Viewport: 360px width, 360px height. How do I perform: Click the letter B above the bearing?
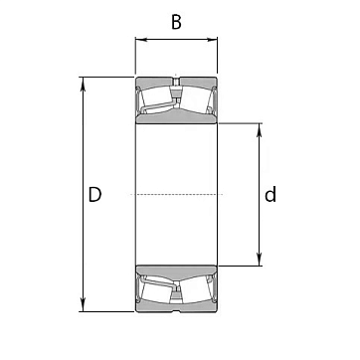click(176, 22)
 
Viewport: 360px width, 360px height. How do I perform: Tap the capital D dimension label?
click(94, 195)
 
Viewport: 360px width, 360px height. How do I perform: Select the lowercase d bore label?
click(270, 194)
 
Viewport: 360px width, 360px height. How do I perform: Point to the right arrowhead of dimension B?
click(212, 40)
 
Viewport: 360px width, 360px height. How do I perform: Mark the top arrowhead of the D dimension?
click(83, 84)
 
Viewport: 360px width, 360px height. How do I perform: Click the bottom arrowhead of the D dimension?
click(83, 305)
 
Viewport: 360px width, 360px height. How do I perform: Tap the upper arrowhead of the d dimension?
click(260, 129)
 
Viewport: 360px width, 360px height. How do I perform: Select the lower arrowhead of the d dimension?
click(260, 260)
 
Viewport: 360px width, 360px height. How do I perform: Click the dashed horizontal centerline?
click(176, 194)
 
